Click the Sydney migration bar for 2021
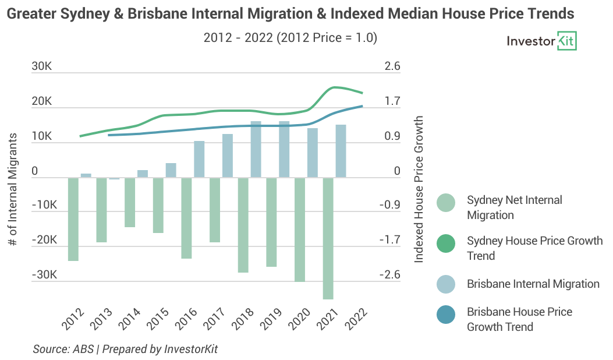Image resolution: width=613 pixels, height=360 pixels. pyautogui.click(x=328, y=238)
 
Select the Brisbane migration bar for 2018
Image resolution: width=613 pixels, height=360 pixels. pyautogui.click(x=256, y=150)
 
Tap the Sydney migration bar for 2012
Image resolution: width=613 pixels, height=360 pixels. pyautogui.click(x=73, y=219)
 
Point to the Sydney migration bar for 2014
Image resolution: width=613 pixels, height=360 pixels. pyautogui.click(x=130, y=202)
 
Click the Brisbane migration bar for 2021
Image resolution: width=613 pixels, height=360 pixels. pyautogui.click(x=341, y=151)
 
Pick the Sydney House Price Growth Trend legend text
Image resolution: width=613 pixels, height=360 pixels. pyautogui.click(x=534, y=248)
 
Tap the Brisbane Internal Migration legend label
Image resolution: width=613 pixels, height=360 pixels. pyautogui.click(x=533, y=284)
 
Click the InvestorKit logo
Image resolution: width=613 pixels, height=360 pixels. pyautogui.click(x=541, y=41)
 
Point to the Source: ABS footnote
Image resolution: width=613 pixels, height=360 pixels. pyautogui.click(x=125, y=349)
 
